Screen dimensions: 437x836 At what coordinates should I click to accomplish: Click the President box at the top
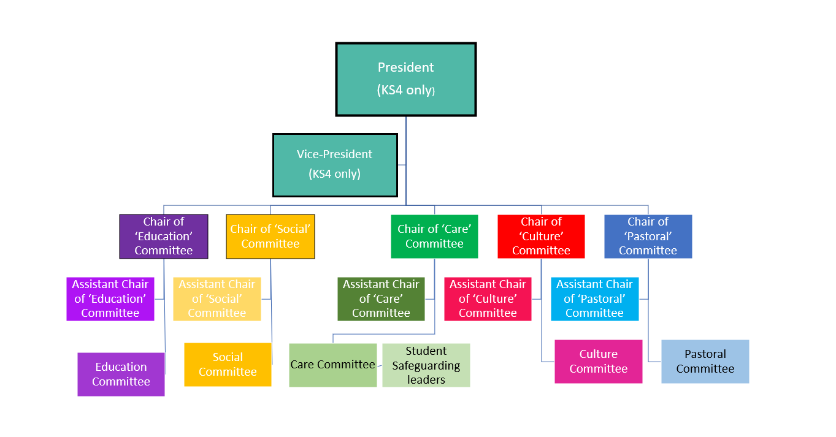pyautogui.click(x=405, y=79)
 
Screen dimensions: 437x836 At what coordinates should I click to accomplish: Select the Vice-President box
pyautogui.click(x=335, y=165)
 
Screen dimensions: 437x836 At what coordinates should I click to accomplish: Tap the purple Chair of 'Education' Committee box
pyautogui.click(x=164, y=236)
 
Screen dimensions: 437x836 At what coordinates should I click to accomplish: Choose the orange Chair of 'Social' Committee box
pyautogui.click(x=270, y=236)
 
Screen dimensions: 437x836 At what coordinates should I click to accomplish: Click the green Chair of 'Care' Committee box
pyautogui.click(x=434, y=236)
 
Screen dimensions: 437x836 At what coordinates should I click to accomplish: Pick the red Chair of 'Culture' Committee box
pyautogui.click(x=541, y=236)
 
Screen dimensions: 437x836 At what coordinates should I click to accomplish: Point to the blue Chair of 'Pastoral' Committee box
pyautogui.click(x=648, y=236)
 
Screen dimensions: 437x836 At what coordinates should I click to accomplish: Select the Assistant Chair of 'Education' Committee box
pyautogui.click(x=110, y=298)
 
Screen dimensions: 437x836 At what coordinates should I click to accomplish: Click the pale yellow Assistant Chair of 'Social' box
pyautogui.click(x=217, y=298)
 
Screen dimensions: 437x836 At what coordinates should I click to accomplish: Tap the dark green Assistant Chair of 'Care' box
pyautogui.click(x=381, y=298)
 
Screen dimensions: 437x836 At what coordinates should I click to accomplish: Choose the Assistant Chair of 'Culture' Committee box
pyautogui.click(x=488, y=298)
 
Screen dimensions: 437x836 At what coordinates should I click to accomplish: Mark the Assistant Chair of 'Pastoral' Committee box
pyautogui.click(x=594, y=298)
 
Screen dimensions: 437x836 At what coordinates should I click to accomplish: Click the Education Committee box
pyautogui.click(x=121, y=374)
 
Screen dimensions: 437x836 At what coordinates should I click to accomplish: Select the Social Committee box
pyautogui.click(x=228, y=364)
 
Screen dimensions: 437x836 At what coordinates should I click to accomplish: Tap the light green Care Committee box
pyautogui.click(x=333, y=365)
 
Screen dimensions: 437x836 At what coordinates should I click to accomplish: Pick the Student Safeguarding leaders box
pyautogui.click(x=426, y=365)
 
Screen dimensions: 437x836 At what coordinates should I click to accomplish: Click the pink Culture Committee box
pyautogui.click(x=598, y=361)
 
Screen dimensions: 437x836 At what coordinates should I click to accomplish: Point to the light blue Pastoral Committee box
pyautogui.click(x=705, y=361)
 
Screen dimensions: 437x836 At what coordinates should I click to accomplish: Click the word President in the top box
pyautogui.click(x=405, y=67)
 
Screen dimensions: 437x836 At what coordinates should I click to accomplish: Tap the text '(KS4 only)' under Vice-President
pyautogui.click(x=335, y=174)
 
